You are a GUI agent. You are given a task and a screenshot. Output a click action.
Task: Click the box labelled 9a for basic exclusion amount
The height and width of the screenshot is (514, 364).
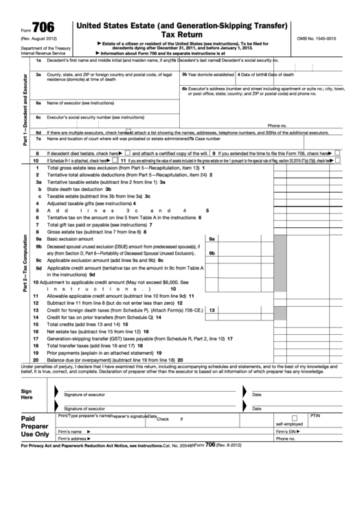212,239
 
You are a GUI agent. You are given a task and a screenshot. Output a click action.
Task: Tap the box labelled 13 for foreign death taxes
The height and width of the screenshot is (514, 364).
212,310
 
